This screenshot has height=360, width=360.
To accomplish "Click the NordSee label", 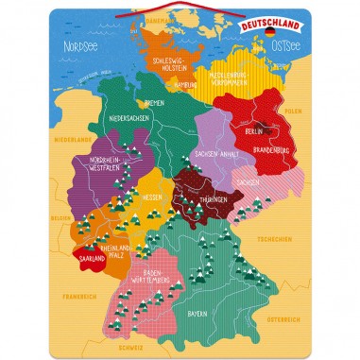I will click(81, 43).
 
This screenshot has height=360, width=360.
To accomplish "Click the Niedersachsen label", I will click(129, 118).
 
